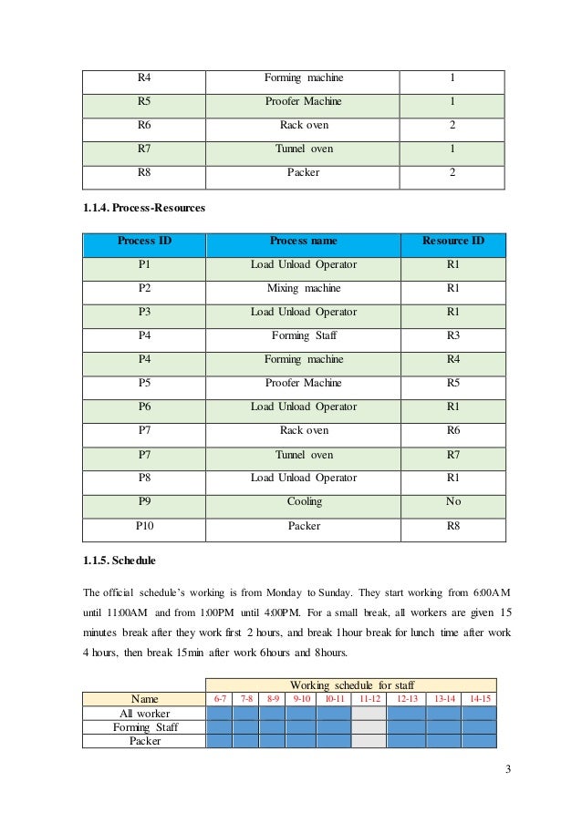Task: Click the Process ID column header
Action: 144,242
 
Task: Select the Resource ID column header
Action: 452,242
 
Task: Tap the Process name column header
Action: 304,242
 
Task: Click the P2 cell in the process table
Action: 144,288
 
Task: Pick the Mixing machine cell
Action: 304,288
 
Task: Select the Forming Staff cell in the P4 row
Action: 304,335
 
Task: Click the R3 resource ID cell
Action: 452,335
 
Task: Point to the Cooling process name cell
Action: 304,501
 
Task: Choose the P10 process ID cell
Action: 144,525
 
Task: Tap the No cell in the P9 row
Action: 452,501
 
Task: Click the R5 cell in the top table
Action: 144,101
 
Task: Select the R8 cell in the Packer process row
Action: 452,525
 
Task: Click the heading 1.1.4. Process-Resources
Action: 144,208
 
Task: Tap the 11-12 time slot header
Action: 369,699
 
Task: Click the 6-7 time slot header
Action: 220,699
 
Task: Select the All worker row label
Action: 144,713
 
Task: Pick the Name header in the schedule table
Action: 144,699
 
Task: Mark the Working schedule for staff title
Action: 350,685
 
